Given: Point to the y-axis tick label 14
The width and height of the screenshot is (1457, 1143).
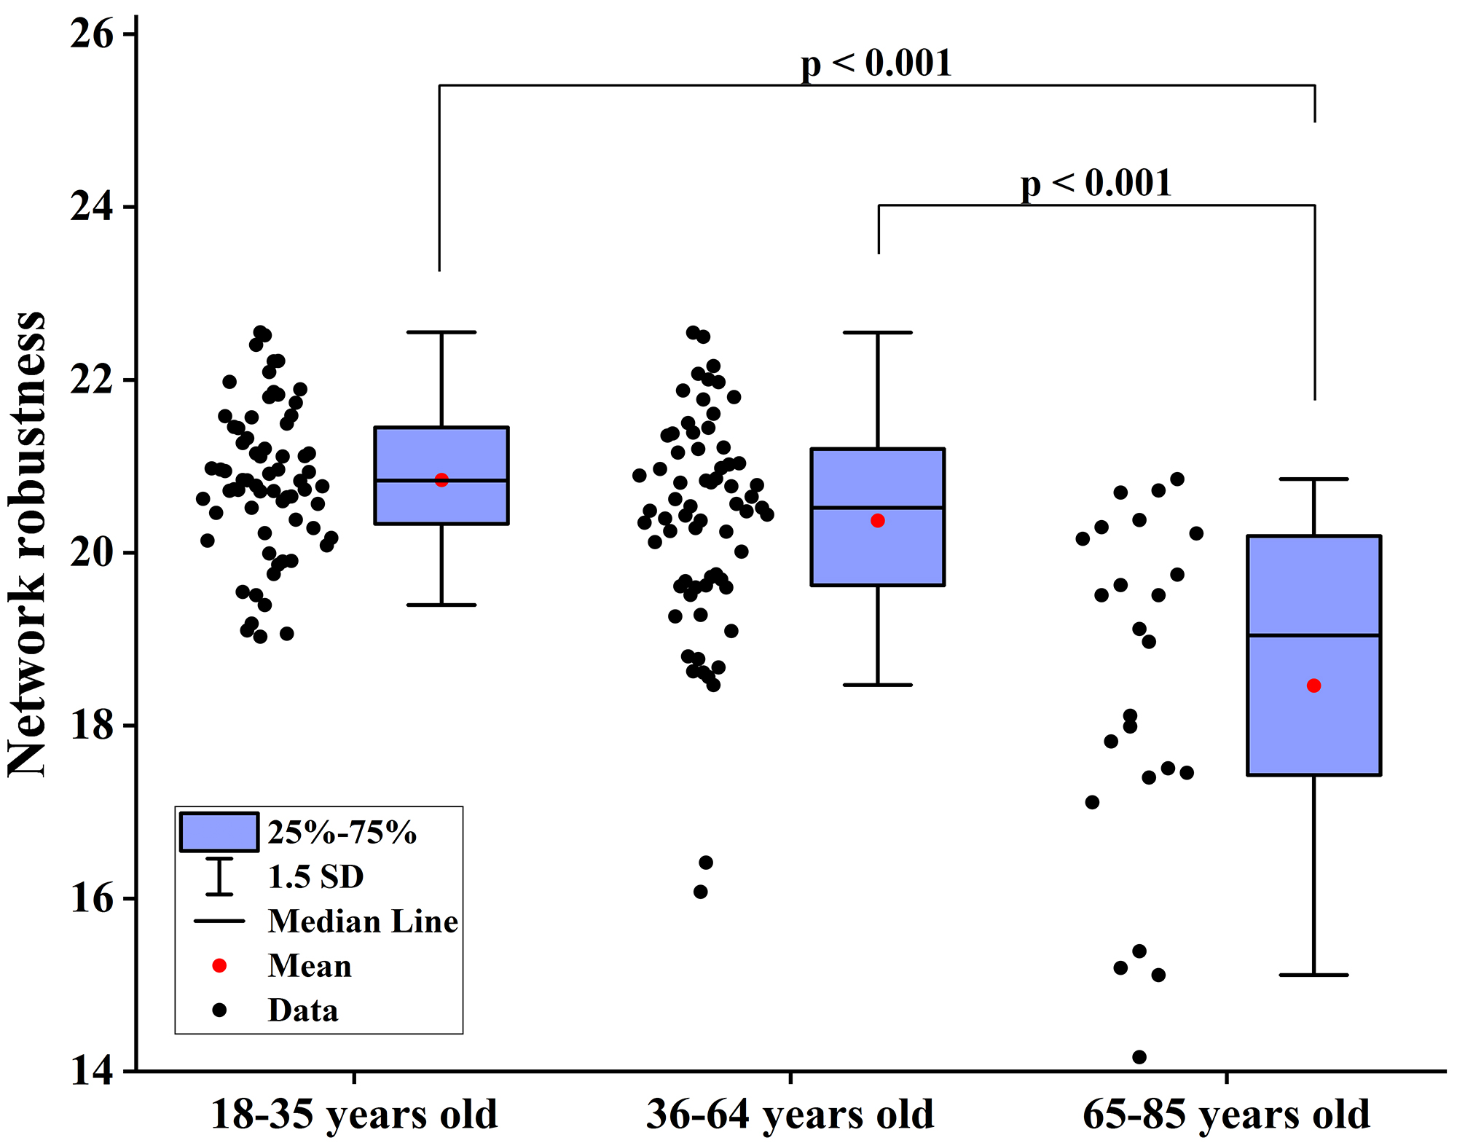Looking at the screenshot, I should [92, 1072].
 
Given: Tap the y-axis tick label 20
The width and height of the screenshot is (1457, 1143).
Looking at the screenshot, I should [92, 553].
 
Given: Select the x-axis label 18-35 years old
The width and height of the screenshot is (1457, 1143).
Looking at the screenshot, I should [354, 1115].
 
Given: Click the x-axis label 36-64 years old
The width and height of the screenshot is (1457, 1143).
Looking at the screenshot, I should [790, 1115].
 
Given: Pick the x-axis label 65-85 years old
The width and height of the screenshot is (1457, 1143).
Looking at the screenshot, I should [1227, 1115].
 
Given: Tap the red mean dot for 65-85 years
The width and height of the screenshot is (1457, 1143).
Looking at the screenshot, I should [1314, 686].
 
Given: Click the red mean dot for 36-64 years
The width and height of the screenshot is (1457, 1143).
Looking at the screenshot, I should [878, 521].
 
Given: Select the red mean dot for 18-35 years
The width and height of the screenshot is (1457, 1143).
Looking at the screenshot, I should [441, 480].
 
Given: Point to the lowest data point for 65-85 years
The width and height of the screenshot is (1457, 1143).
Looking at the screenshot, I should [1139, 1057].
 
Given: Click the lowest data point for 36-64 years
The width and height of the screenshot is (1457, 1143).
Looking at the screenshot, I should [701, 892].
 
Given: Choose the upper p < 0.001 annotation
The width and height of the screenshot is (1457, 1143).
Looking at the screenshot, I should [876, 63].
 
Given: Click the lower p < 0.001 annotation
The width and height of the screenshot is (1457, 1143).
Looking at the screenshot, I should [1096, 184].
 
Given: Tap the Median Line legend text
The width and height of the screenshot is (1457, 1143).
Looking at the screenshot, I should [363, 922].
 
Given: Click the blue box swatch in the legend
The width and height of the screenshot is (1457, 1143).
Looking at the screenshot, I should [219, 832].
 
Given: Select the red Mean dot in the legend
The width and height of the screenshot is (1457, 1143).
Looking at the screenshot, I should [219, 965].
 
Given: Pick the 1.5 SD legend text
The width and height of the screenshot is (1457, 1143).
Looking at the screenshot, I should [315, 876].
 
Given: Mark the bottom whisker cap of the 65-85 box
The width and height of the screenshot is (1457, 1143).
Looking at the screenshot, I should [1314, 975].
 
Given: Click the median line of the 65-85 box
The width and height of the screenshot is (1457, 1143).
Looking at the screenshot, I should [1314, 635].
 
